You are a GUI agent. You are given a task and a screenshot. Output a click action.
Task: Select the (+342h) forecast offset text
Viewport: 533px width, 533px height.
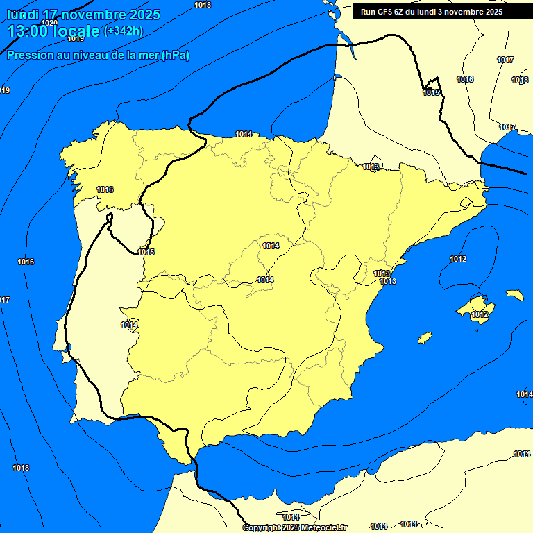point(123,31)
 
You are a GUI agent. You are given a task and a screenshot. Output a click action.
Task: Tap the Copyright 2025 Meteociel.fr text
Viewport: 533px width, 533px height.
point(294,528)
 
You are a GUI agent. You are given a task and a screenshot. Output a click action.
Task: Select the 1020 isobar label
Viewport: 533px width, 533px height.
point(49,23)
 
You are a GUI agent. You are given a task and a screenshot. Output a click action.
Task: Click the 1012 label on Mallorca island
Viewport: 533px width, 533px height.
point(480,315)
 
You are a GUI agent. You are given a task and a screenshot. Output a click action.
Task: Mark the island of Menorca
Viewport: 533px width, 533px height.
point(514,295)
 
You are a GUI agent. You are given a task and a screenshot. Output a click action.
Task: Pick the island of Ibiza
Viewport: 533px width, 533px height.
point(424,338)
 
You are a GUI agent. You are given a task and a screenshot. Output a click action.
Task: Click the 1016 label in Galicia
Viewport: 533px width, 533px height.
point(105,189)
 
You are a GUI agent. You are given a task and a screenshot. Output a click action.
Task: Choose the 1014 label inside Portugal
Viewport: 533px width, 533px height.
point(129,325)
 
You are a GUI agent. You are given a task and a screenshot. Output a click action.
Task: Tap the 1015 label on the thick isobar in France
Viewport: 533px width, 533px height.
point(431,92)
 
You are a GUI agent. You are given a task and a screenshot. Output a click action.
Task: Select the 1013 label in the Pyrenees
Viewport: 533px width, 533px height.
point(371,167)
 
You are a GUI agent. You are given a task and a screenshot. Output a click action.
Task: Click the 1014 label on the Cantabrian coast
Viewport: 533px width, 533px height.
point(244,134)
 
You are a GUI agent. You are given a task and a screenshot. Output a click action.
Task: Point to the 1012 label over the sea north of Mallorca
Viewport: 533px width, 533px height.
point(458,259)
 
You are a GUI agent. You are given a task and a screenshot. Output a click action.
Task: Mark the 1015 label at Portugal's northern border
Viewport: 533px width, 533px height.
point(146,252)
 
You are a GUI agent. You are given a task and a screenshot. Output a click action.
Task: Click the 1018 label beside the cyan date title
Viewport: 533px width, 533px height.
point(203,5)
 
